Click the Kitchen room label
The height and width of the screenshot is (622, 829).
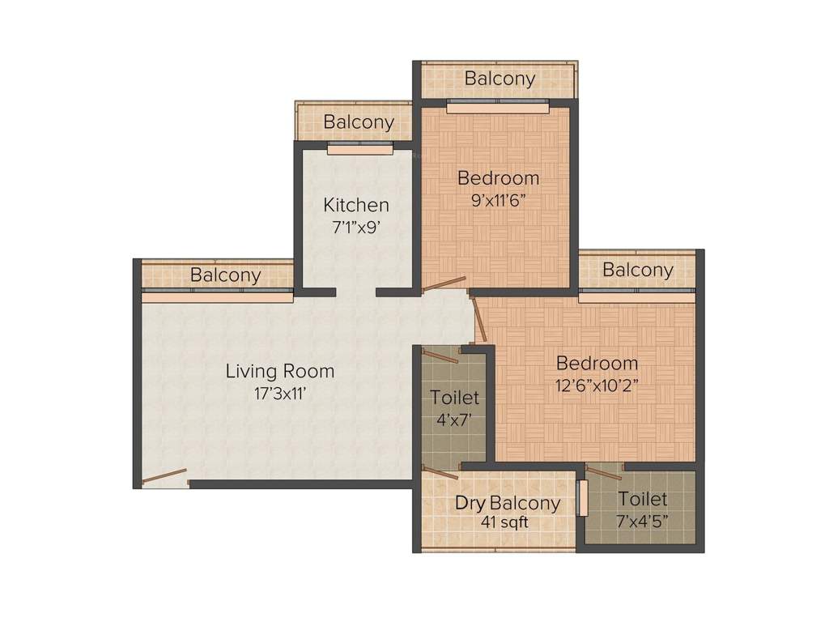(x=356, y=205)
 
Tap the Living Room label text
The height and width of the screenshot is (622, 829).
(x=279, y=372)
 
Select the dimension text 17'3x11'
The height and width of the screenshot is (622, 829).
(x=279, y=394)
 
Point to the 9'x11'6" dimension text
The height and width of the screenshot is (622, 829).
(x=499, y=199)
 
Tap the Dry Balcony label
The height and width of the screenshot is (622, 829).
(x=507, y=503)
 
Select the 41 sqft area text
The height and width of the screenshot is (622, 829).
(x=504, y=523)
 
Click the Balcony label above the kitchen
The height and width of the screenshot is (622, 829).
(x=359, y=122)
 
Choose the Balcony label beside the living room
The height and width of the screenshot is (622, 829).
(x=226, y=275)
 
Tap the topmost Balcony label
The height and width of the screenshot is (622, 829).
(x=500, y=79)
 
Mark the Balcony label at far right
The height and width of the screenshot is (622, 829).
(x=637, y=270)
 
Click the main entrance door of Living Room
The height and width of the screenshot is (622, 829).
(x=164, y=477)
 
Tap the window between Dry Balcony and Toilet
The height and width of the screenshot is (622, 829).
(x=582, y=498)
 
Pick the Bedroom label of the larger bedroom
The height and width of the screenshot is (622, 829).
(x=597, y=363)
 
